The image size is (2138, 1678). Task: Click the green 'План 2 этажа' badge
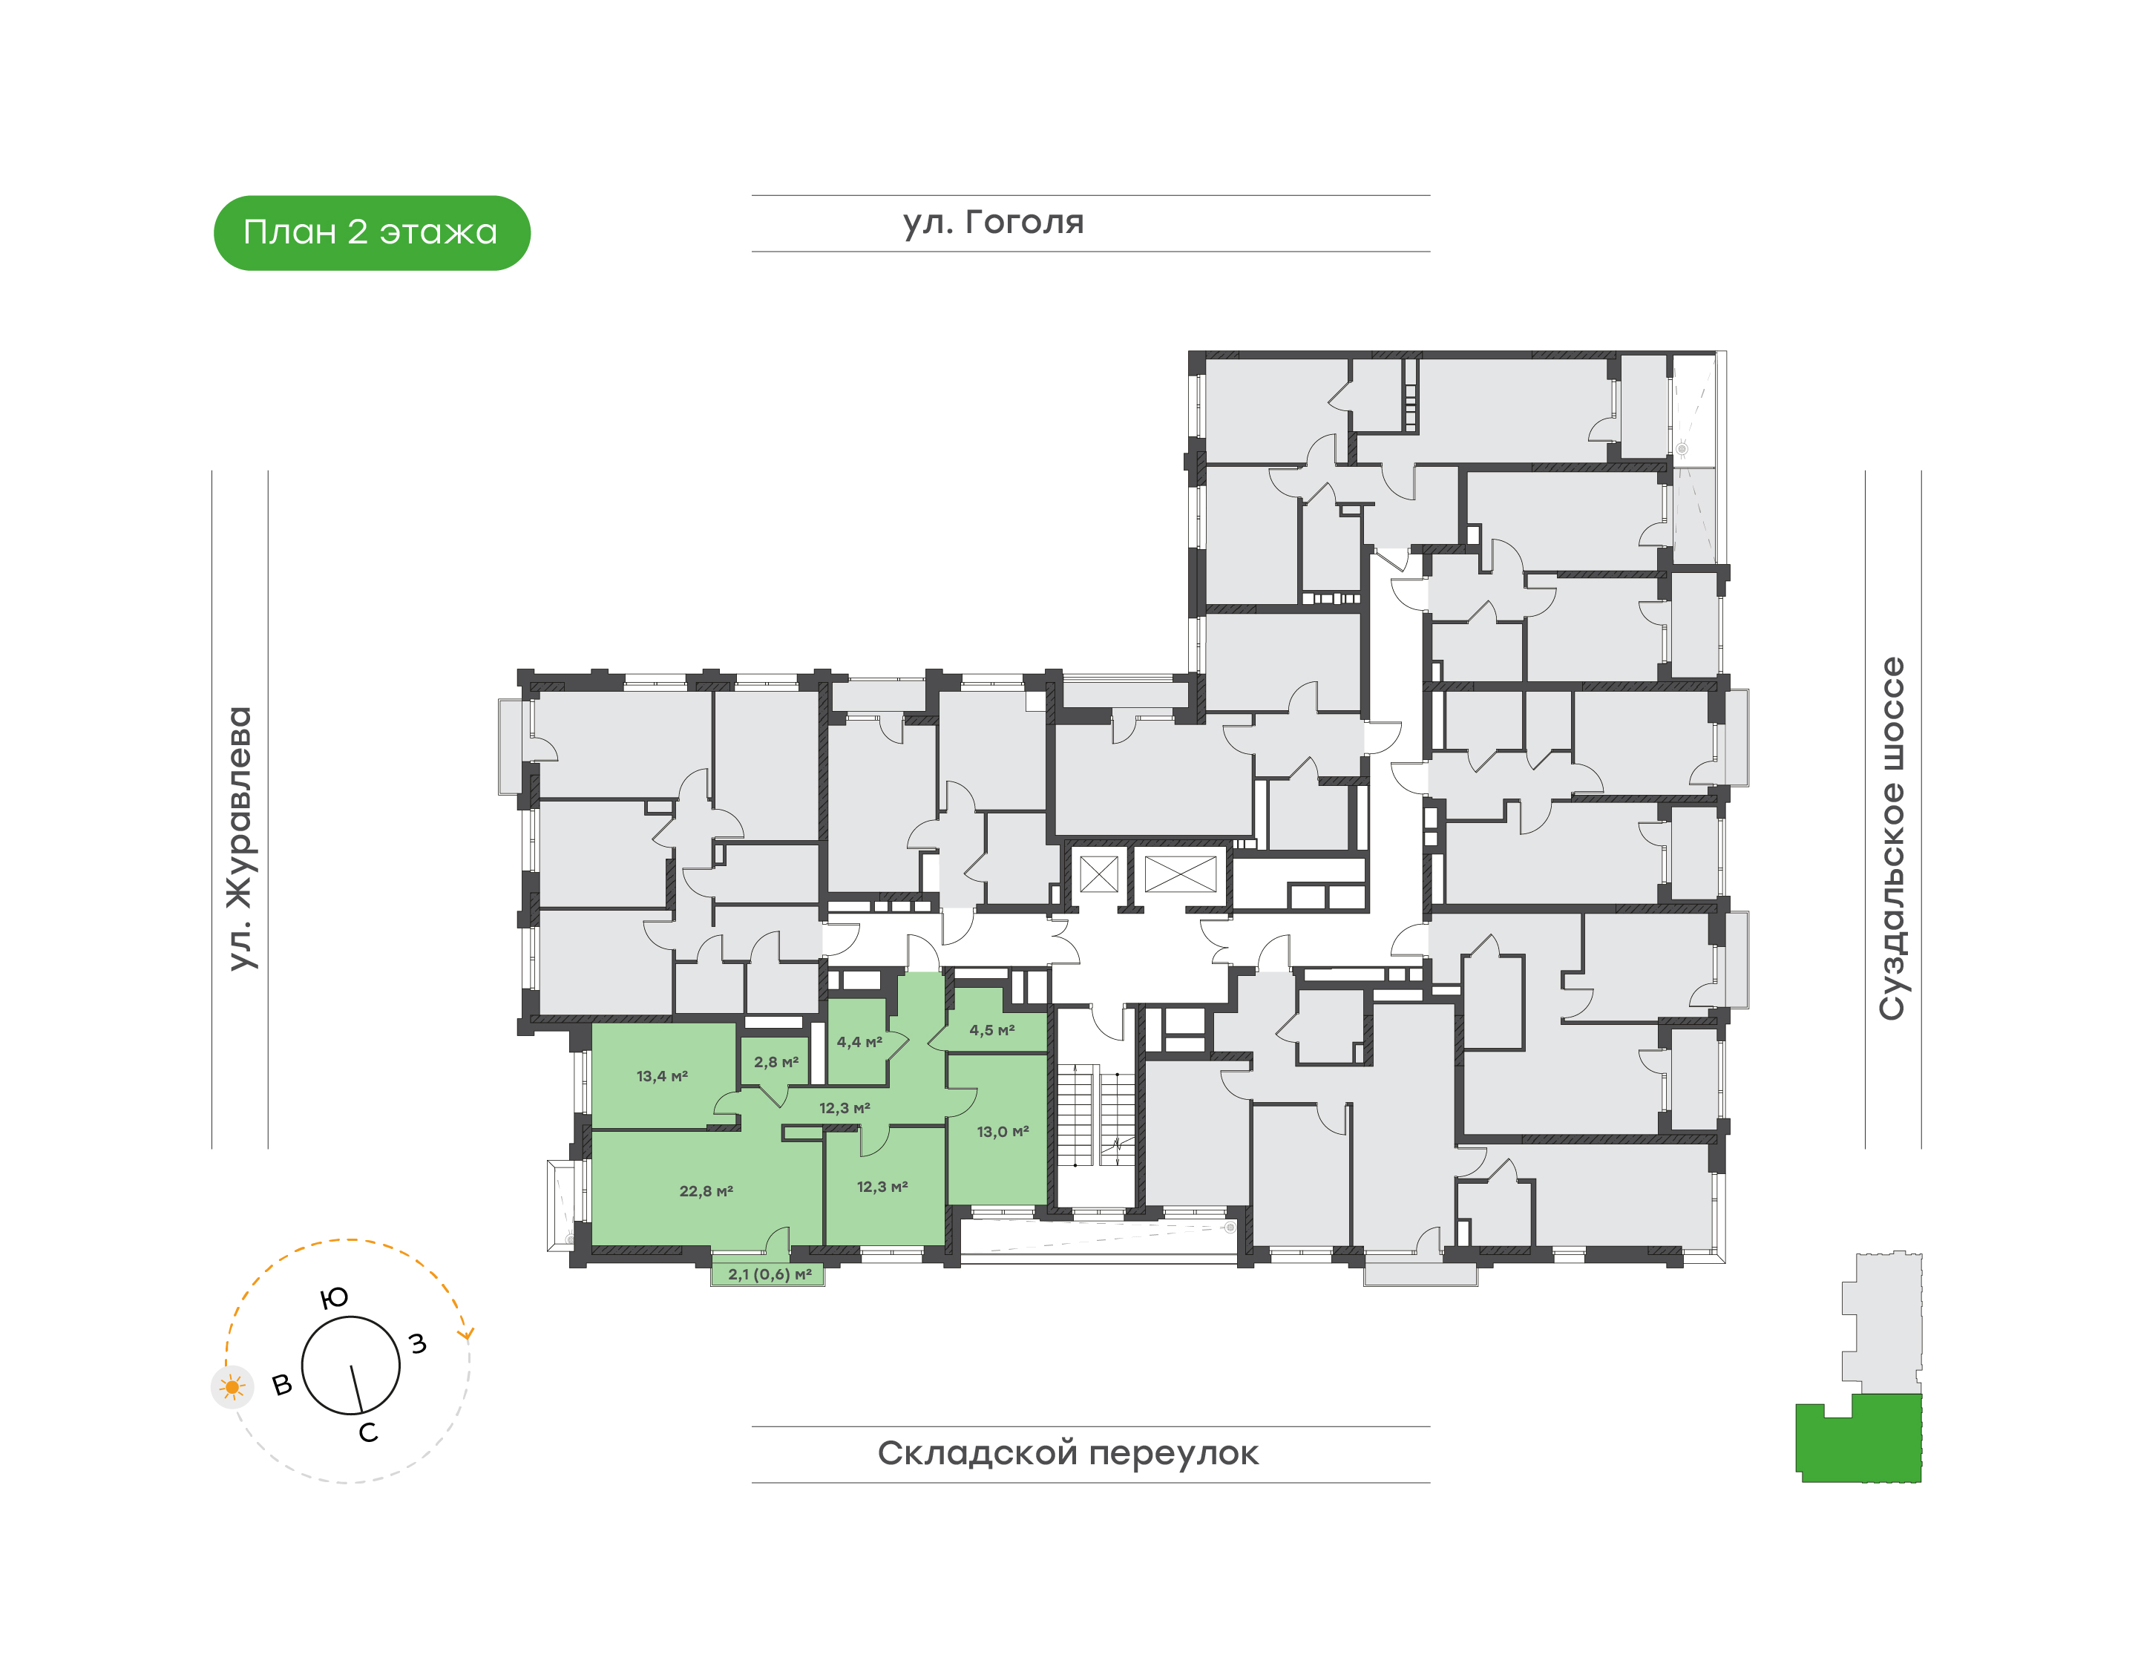371,233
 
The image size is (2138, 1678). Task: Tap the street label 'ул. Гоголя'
994,223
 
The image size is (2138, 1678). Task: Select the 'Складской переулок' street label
1068,1453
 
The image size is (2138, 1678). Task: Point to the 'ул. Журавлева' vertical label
240,838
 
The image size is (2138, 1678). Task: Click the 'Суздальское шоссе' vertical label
1892,838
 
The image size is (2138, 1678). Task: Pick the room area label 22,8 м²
706,1190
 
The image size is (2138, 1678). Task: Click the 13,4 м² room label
662,1076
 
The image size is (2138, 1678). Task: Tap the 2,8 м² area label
776,1062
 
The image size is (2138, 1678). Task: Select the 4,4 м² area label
859,1041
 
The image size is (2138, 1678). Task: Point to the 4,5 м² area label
992,1031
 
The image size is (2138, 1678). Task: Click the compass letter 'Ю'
335,1298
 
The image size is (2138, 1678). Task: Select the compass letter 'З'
419,1343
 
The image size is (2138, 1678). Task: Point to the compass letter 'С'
368,1432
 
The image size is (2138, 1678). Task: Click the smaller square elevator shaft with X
1098,874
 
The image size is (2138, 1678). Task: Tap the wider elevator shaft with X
1181,874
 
